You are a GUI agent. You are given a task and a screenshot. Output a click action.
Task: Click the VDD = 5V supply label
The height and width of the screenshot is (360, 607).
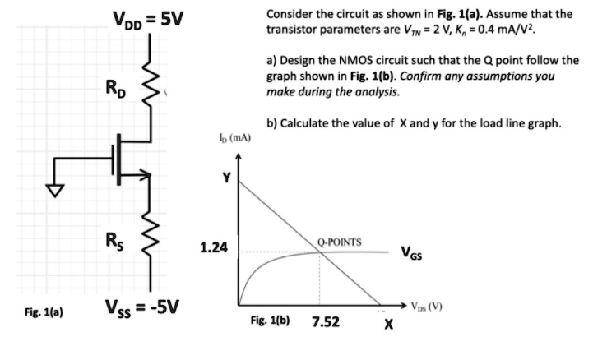148,17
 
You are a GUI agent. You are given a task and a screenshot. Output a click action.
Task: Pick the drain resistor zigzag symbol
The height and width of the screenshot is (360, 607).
151,78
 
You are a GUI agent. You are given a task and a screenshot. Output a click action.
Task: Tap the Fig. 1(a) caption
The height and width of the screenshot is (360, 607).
43,312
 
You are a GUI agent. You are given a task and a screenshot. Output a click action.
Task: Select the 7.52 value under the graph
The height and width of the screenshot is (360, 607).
327,322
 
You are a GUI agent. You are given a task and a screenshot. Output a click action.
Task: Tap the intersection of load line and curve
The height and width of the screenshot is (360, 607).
321,252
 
